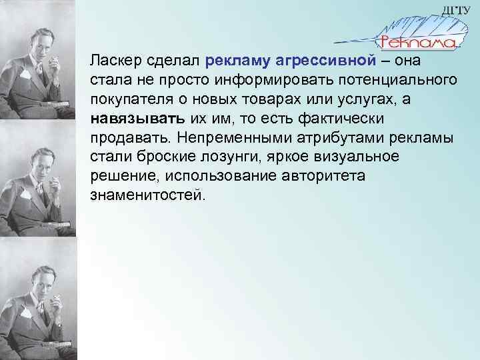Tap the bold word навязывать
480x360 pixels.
point(128,117)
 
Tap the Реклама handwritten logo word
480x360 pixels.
point(418,43)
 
